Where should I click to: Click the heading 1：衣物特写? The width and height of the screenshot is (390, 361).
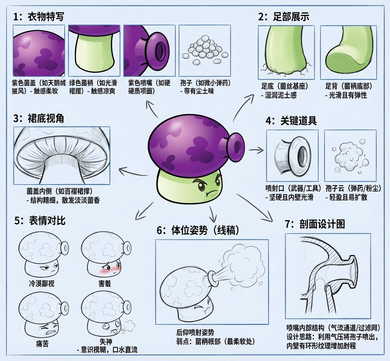pos(39,17)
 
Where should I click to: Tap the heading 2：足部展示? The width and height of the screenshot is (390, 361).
pos(283,17)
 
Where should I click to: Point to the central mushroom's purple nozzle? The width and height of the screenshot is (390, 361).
pos(235,146)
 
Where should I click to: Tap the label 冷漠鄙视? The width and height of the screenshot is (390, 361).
pos(41,283)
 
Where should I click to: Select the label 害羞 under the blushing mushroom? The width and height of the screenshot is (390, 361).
pos(105,283)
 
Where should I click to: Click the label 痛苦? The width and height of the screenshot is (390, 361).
pos(42,344)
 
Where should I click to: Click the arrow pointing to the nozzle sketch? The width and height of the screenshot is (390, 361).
pos(256,150)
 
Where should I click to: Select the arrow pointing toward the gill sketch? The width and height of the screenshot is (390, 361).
pos(134,172)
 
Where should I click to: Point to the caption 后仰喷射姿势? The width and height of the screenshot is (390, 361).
pos(195,332)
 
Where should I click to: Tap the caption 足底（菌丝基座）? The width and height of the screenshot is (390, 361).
pos(284,86)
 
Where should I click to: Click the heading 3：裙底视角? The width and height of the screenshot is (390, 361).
pos(39,118)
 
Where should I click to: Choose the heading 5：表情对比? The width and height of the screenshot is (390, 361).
pos(40,221)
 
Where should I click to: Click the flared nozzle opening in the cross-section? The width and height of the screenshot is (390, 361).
pos(353,271)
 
